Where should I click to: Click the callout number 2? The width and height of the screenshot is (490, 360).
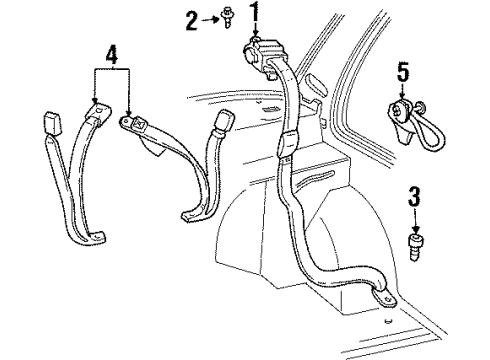(192, 18)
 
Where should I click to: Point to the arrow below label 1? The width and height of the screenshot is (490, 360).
(255, 30)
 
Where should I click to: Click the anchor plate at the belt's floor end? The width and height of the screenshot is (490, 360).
(385, 299)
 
